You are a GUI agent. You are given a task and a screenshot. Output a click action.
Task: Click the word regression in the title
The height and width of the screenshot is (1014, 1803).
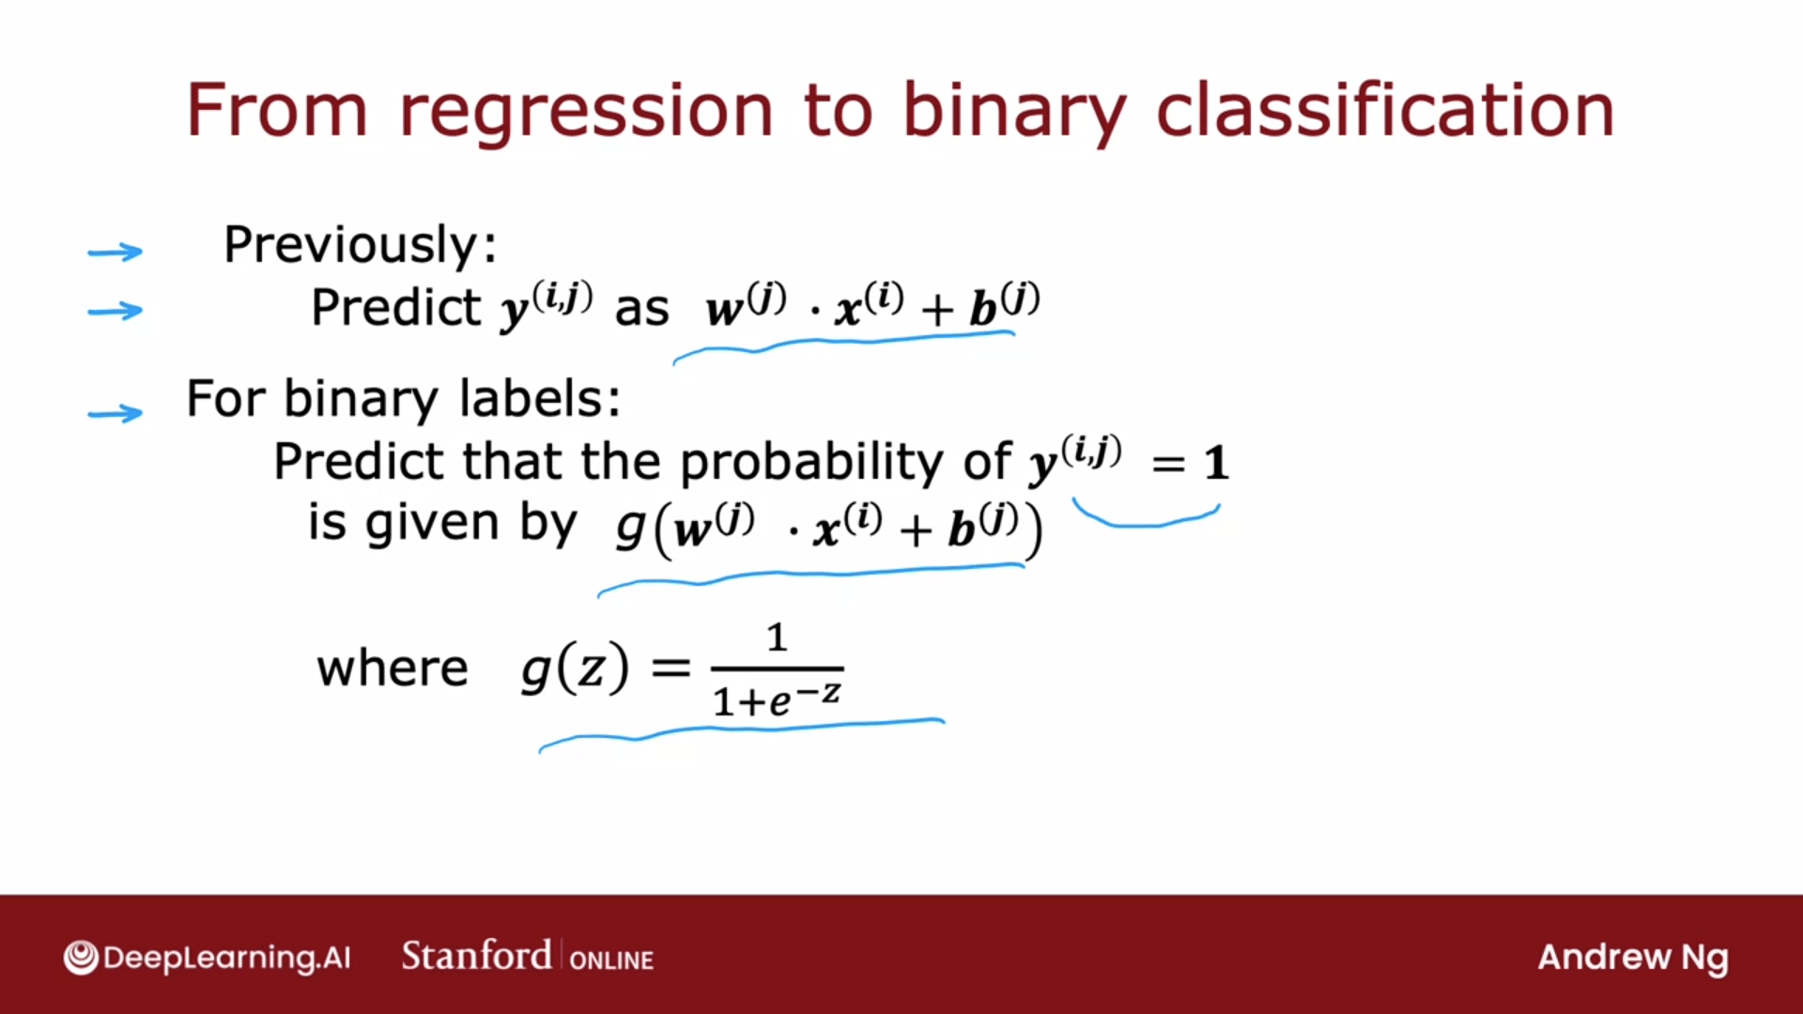click(586, 113)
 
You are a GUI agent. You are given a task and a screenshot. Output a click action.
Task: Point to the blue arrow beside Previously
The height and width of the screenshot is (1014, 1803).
click(115, 252)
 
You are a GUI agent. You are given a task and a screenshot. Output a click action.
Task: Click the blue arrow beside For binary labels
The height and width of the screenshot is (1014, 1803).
click(115, 412)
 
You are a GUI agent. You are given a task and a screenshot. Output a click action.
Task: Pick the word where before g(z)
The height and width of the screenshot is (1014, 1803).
click(393, 668)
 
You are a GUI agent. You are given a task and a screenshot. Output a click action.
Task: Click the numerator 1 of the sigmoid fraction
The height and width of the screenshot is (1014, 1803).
click(777, 638)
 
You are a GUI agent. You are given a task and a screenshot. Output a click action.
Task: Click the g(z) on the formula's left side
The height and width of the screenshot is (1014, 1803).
click(575, 668)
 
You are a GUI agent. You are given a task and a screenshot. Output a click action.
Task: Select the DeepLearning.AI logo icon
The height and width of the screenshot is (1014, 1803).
click(81, 958)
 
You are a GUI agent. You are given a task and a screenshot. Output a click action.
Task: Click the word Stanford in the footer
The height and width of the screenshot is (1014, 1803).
click(476, 956)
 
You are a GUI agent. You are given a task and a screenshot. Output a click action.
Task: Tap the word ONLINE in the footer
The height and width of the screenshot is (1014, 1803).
click(611, 960)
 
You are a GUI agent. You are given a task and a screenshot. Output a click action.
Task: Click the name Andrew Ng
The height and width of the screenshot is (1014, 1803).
click(1633, 959)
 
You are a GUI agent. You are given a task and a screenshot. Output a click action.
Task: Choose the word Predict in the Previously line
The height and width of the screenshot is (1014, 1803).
click(396, 308)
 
